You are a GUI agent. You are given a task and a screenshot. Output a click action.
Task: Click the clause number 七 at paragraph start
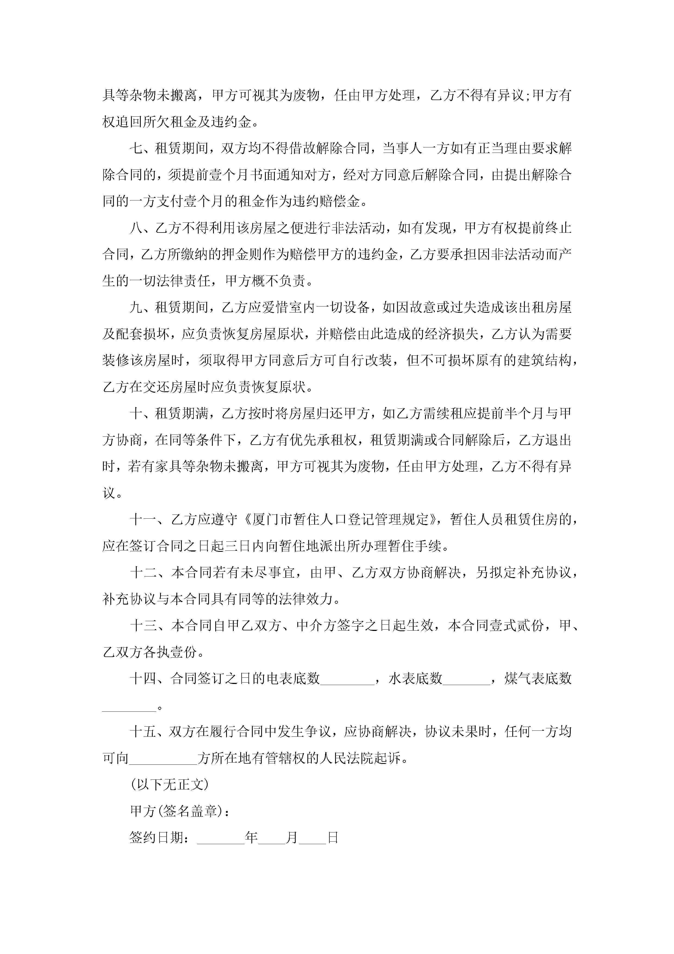136,148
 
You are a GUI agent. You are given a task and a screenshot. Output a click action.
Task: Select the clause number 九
136,308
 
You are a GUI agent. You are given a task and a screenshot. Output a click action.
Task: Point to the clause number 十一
143,519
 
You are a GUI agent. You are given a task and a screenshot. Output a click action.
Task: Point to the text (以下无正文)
169,785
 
